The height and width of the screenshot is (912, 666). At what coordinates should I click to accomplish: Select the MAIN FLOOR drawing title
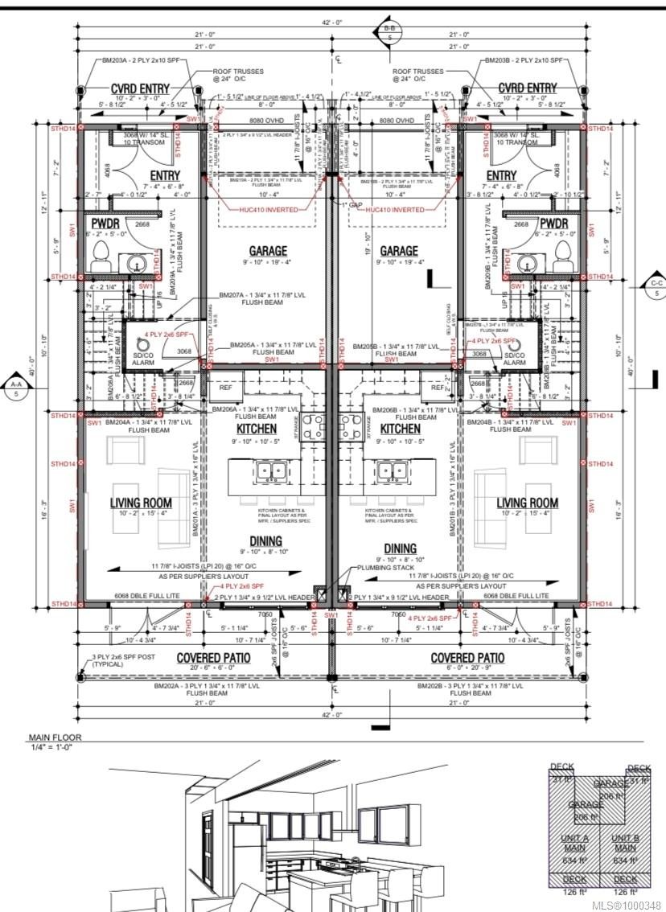[x=55, y=737]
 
